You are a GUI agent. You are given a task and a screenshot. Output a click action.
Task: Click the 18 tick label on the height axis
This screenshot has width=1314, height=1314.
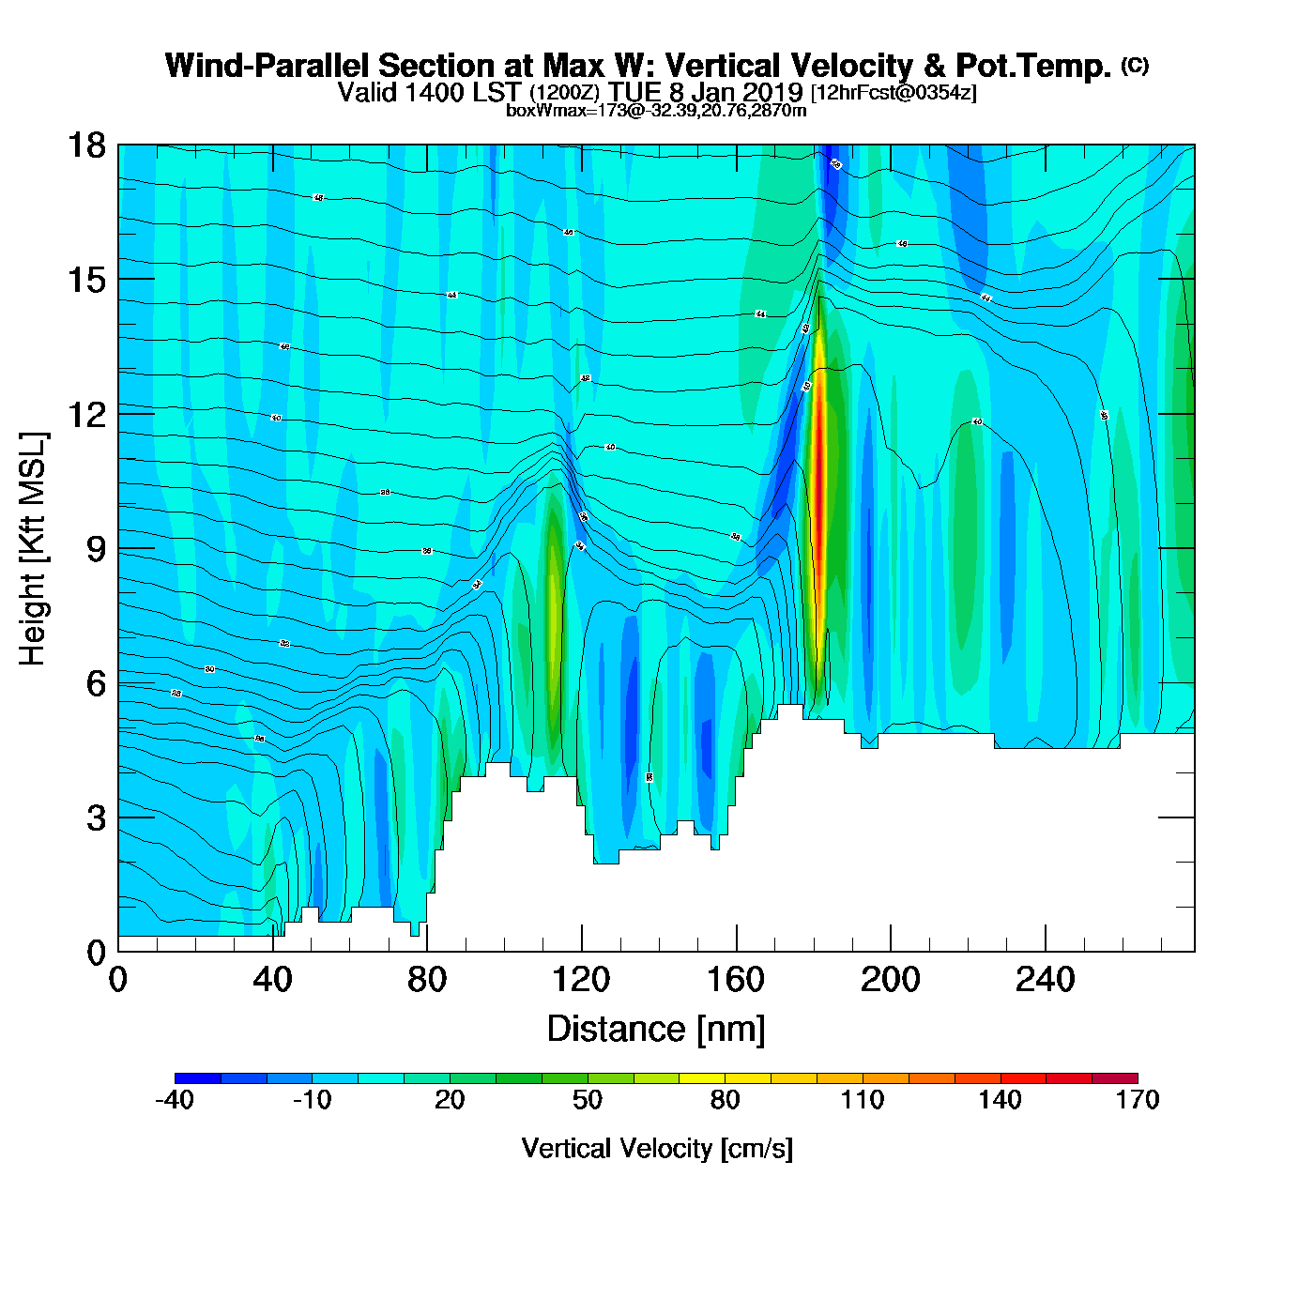(x=86, y=145)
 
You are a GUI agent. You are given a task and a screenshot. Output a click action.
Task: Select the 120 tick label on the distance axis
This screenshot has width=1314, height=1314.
(x=581, y=981)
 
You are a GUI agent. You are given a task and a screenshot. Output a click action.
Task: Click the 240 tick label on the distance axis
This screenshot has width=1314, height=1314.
(x=1045, y=981)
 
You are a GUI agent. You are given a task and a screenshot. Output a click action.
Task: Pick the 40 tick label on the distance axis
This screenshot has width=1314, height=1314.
(x=272, y=981)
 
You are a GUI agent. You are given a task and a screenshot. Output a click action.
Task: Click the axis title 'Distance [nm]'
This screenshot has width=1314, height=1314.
(x=656, y=1030)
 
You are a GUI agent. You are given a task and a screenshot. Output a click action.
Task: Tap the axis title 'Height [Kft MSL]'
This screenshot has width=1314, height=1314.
(x=33, y=549)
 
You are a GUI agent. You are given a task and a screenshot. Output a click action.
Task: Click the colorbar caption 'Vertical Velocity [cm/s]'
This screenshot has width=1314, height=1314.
(x=657, y=1148)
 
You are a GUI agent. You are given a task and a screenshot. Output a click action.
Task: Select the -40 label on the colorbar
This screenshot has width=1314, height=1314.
(x=175, y=1100)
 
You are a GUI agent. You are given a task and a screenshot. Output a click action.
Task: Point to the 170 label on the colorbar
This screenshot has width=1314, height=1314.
(x=1138, y=1100)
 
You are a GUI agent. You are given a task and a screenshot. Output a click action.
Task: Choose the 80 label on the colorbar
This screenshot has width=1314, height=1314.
(x=725, y=1100)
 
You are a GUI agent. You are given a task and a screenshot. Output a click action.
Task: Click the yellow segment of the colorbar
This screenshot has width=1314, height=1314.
(x=702, y=1078)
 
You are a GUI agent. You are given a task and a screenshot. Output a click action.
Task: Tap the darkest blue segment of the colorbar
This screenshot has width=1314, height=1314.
(x=198, y=1078)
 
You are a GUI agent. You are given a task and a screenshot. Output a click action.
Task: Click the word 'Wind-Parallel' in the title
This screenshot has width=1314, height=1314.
(x=267, y=67)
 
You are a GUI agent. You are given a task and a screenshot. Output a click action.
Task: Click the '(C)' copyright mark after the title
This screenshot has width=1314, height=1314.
(x=1135, y=65)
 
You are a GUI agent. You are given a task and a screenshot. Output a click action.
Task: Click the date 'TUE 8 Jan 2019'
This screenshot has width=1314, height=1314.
(x=705, y=92)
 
